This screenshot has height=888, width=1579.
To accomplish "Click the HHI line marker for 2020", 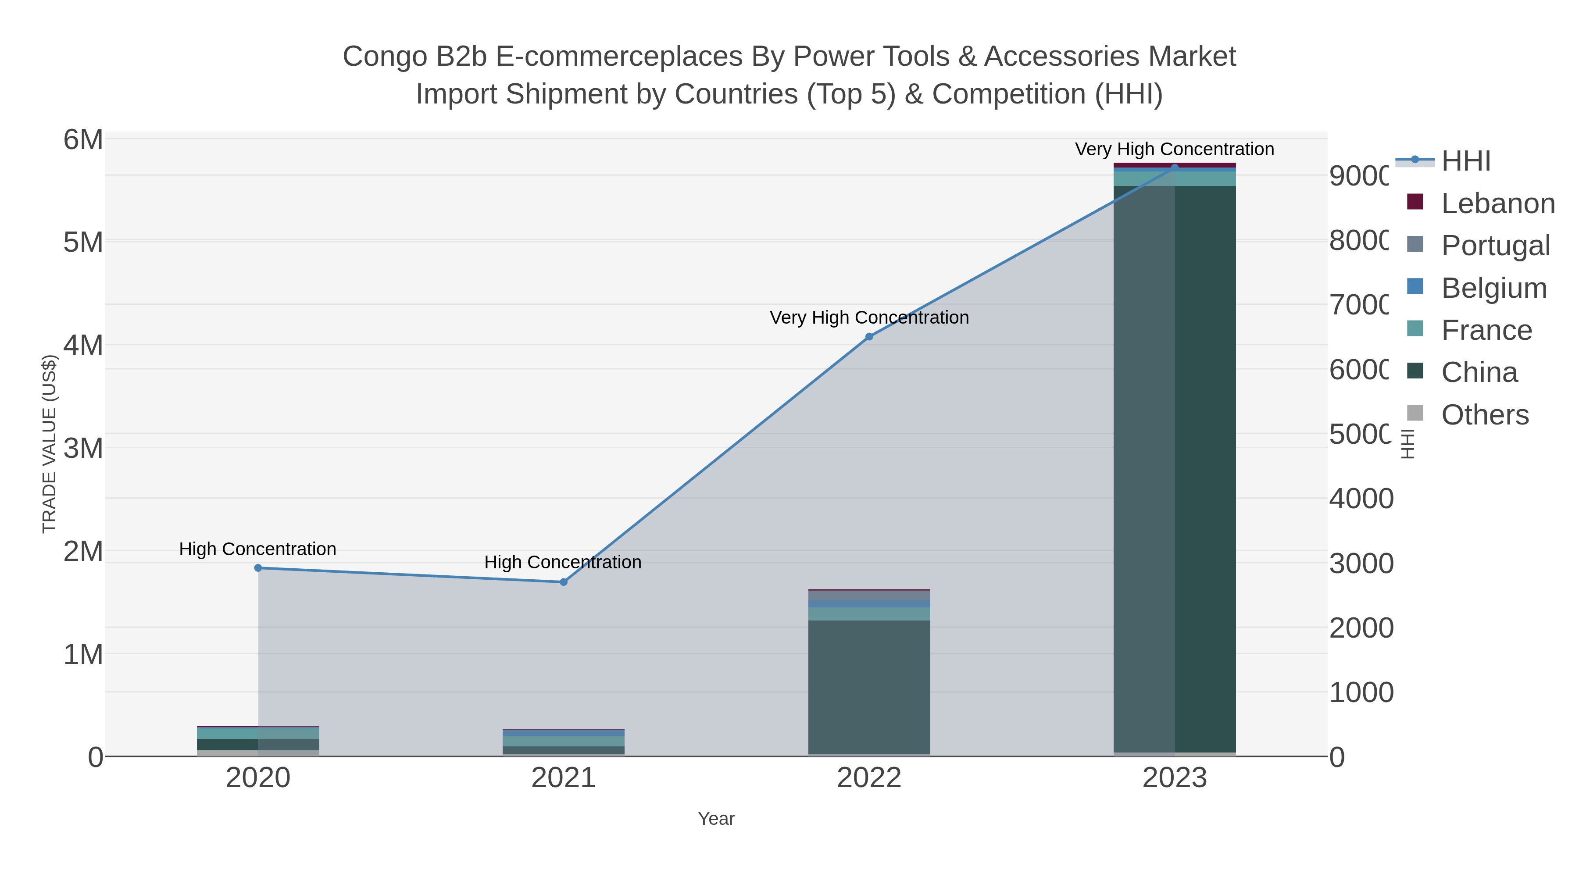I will [x=258, y=568].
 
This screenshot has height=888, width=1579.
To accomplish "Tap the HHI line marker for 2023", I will [x=1175, y=168].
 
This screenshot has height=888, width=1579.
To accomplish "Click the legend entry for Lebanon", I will [x=1497, y=203].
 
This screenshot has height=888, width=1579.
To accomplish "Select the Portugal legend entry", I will [x=1495, y=245].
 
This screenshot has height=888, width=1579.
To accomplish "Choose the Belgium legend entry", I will [x=1494, y=288].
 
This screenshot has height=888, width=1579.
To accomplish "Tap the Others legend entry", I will [x=1485, y=415].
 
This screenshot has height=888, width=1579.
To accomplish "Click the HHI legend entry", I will [x=1465, y=161].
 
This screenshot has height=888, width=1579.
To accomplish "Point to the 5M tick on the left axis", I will [x=83, y=243].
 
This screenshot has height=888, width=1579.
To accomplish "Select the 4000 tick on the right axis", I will [x=1361, y=499].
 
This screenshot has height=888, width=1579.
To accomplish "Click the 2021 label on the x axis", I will [x=563, y=778].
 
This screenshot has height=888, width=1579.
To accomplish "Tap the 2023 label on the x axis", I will [x=1175, y=778].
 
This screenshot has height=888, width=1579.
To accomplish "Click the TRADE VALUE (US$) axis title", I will [x=49, y=444].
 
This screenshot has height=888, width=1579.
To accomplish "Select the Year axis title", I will [x=716, y=819].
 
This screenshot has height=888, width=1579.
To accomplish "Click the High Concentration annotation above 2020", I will [x=257, y=549].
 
